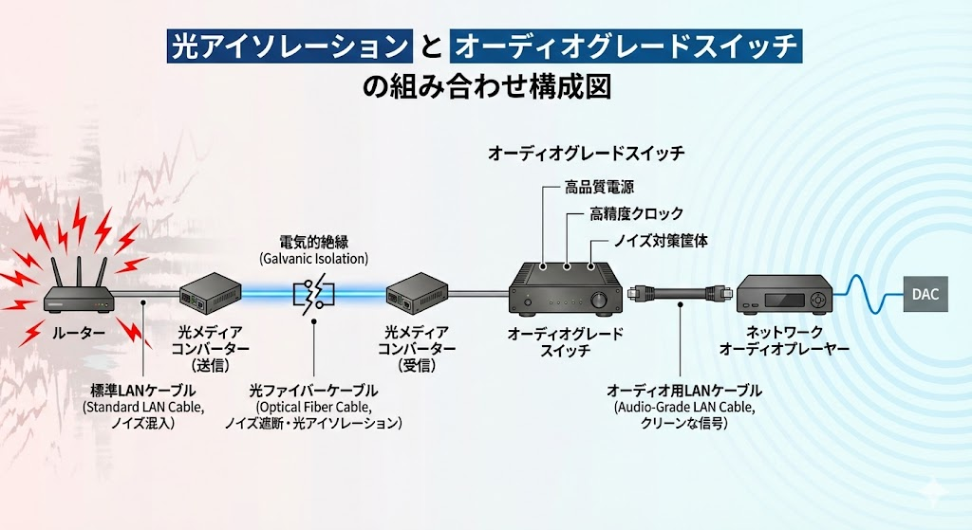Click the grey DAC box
coord(925,294)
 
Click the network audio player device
coord(784,294)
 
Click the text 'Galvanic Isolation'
coord(313,258)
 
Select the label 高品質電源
coord(599,187)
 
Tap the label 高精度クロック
coord(636,213)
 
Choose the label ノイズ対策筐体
coord(661,240)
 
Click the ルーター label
coord(78,333)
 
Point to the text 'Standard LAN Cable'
coord(144,408)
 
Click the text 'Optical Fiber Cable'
coord(313,408)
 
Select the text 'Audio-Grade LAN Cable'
coord(684,408)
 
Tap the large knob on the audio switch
coord(600,300)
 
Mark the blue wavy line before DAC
coord(868,294)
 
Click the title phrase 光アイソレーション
coord(290,46)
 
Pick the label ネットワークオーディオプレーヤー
coord(784,340)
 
